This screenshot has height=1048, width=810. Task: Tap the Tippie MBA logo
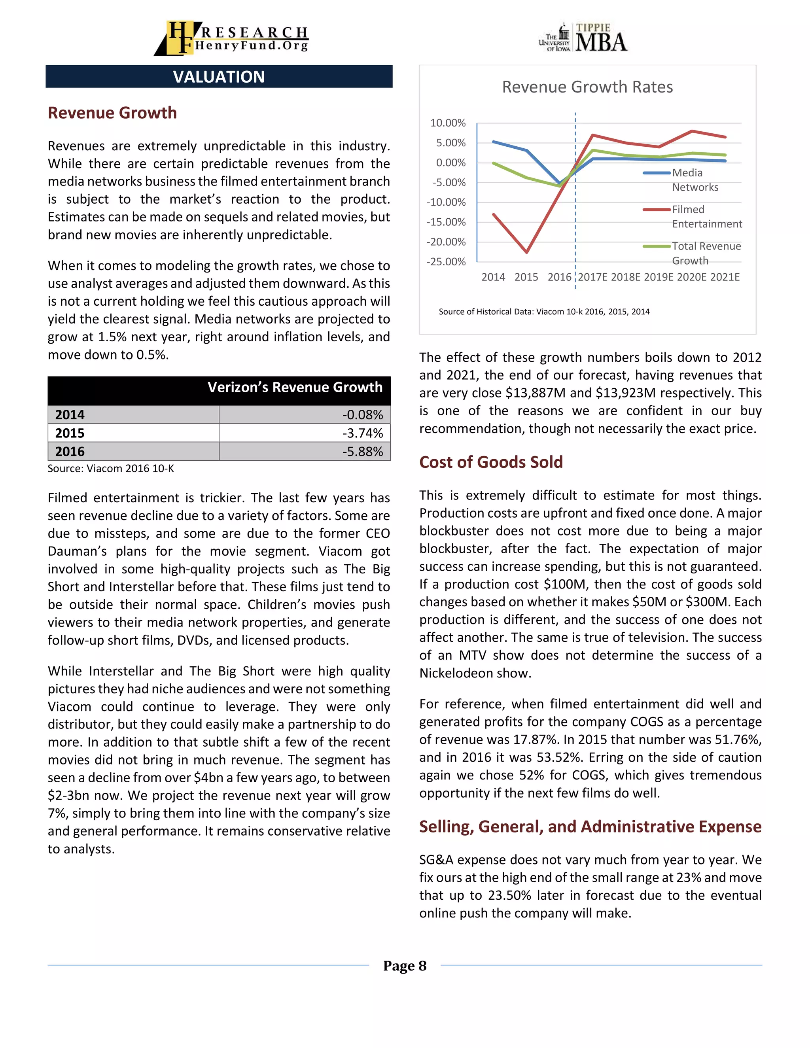click(x=583, y=38)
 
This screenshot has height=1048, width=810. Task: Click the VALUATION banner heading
click(x=219, y=77)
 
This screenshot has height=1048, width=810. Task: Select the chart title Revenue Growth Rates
click(x=587, y=87)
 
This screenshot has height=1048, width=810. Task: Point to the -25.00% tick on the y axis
click(x=446, y=262)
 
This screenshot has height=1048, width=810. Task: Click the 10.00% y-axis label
click(x=447, y=123)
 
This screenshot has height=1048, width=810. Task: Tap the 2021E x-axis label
click(x=725, y=277)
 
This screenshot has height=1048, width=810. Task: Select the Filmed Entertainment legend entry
click(x=706, y=216)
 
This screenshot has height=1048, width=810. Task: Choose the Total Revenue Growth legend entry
click(x=706, y=253)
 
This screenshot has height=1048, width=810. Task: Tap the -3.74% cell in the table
click(x=362, y=433)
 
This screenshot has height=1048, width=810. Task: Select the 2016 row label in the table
click(x=70, y=452)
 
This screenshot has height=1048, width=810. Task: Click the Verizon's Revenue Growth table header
click(x=295, y=387)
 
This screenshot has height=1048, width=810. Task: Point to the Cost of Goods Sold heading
click(x=490, y=462)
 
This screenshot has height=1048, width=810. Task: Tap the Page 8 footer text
click(x=405, y=966)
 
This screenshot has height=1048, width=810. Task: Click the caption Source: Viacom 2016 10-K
click(x=110, y=469)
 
